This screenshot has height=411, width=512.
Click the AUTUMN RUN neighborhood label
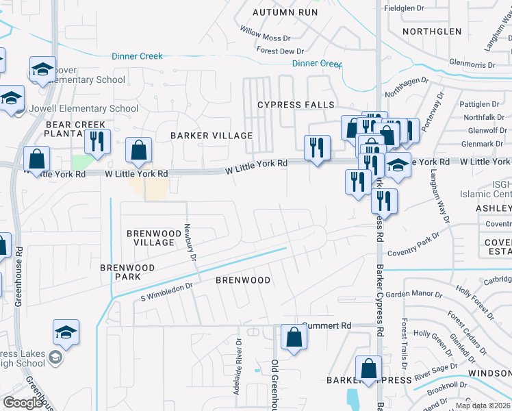[x=285, y=12]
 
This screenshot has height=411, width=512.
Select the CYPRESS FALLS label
[x=296, y=105]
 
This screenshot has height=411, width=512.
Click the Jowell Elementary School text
[x=84, y=108]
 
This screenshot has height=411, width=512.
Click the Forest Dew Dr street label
[x=280, y=51]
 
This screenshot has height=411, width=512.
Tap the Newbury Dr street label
[x=192, y=244]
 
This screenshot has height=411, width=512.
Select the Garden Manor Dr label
[x=413, y=294]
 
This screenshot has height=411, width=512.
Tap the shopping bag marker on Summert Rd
[x=294, y=337]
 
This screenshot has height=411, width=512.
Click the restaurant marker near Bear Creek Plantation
[x=97, y=142]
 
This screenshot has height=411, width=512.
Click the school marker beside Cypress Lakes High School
[x=66, y=333]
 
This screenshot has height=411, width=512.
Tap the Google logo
[x=23, y=403]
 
